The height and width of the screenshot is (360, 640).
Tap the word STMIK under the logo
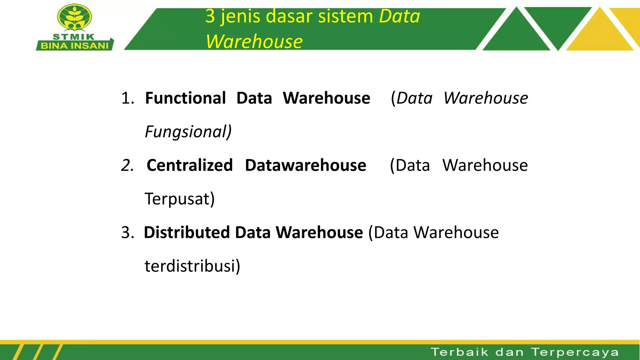(x=74, y=37)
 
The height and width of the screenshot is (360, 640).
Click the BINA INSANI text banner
(x=75, y=46)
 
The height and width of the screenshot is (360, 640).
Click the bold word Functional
(x=186, y=98)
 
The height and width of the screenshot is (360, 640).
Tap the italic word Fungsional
(x=188, y=132)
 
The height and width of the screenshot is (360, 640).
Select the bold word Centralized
(x=190, y=165)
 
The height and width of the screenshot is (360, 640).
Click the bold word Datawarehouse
(x=305, y=165)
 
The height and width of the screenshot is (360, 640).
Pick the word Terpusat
(x=179, y=199)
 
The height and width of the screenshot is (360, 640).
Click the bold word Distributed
(x=187, y=232)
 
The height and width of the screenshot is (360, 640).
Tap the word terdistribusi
(x=192, y=266)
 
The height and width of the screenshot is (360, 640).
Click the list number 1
(x=127, y=98)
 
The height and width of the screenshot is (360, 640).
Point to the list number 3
(x=127, y=232)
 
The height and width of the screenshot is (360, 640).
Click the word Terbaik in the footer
(x=459, y=352)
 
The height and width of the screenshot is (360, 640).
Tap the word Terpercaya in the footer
(x=575, y=352)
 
